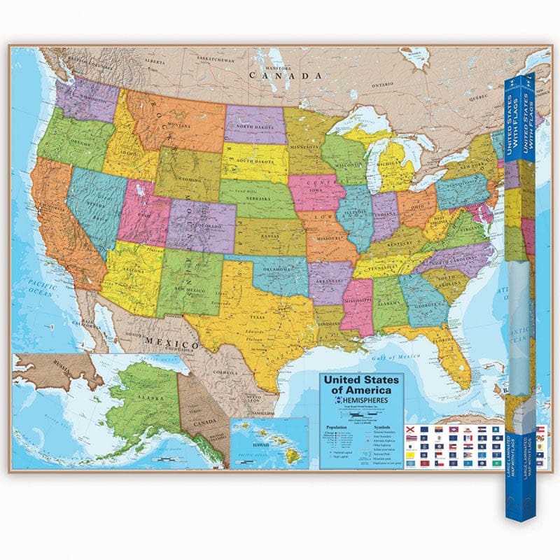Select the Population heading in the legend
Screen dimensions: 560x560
point(337,426)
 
